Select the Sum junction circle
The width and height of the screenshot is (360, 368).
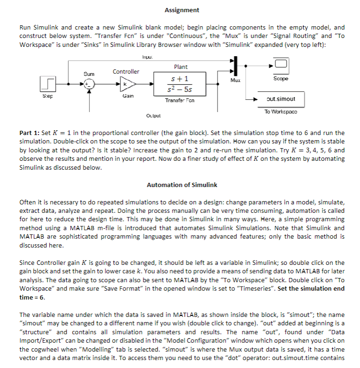coord(90,84)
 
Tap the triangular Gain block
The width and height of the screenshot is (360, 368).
coord(126,84)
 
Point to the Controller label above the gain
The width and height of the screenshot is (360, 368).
coord(126,72)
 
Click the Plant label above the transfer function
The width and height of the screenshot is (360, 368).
coord(180,67)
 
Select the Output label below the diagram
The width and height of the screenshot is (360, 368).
coord(153,115)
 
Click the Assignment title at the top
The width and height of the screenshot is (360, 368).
coord(182,10)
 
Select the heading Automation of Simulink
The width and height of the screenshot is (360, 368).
coord(182,185)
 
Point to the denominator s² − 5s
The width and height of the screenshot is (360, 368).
coord(180,89)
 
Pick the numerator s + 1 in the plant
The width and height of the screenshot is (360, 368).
coord(180,78)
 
